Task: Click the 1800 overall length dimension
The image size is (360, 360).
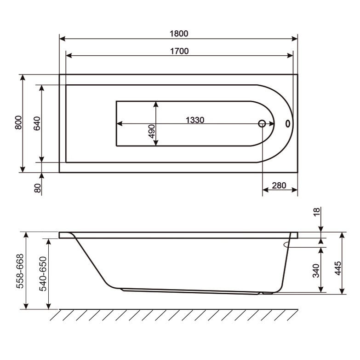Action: [179, 33]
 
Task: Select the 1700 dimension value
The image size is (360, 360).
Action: [179, 51]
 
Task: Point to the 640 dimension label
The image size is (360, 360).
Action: [37, 123]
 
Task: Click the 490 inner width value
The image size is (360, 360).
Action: [151, 133]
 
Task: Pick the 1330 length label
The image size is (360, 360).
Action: [194, 120]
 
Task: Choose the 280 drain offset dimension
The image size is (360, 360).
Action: [279, 186]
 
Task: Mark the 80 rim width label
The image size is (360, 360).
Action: [38, 187]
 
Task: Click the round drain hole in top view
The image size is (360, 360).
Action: [262, 123]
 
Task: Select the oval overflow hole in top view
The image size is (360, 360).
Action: [288, 123]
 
